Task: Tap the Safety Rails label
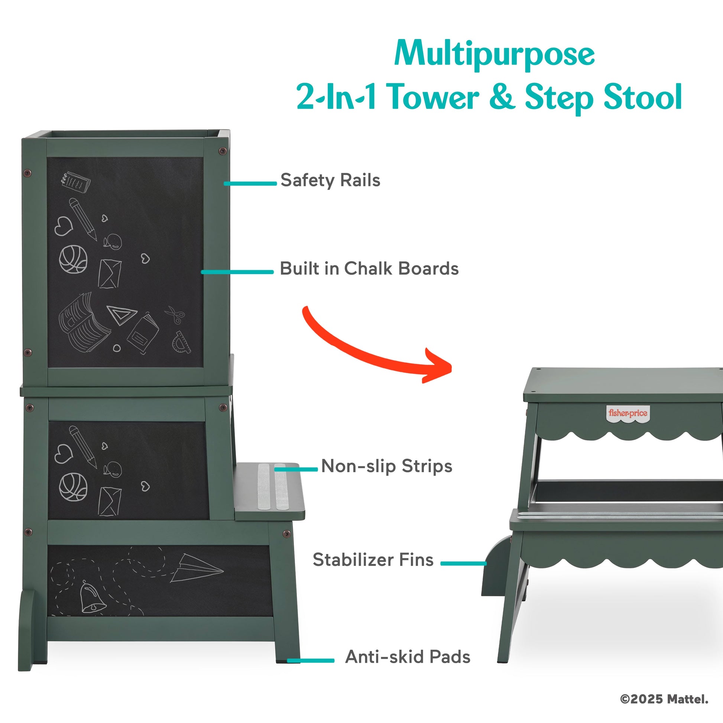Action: pos(330,180)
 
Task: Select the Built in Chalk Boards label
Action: pos(369,268)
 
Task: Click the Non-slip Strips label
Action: pos(387,466)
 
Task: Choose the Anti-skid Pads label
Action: pos(408,656)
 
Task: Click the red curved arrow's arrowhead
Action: pos(438,366)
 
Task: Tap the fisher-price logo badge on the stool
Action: pos(628,414)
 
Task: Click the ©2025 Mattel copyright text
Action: pos(664,699)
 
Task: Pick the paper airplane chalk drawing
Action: pos(197,568)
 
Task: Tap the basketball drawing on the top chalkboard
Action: pos(73,259)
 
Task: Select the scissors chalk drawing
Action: pos(175,314)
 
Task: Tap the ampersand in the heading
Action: pos(502,97)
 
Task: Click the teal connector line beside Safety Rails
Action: pos(250,184)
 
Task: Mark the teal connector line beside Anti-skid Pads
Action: pos(311,661)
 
